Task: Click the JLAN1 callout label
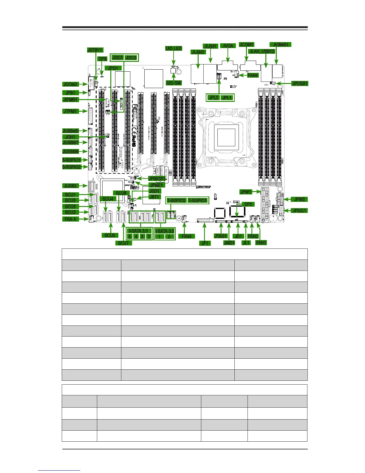(211, 46)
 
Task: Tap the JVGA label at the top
(228, 46)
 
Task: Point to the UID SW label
(174, 83)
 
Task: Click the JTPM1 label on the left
(70, 111)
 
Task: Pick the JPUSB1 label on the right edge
(300, 83)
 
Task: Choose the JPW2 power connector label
(299, 199)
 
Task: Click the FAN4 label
(253, 75)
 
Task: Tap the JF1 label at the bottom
(205, 243)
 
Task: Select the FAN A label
(70, 219)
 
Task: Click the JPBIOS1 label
(157, 179)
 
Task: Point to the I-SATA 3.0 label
(165, 231)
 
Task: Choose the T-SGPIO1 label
(198, 200)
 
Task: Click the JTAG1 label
(221, 236)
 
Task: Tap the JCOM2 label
(70, 84)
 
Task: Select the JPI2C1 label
(299, 211)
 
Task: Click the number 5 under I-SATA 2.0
(130, 236)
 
